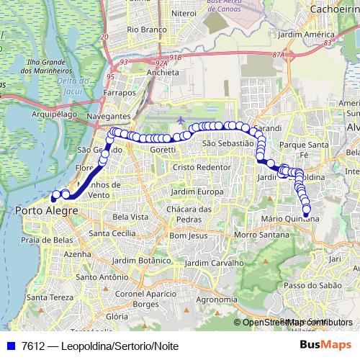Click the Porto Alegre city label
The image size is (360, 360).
42,210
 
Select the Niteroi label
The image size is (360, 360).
184,13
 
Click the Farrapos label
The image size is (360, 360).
120,93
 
